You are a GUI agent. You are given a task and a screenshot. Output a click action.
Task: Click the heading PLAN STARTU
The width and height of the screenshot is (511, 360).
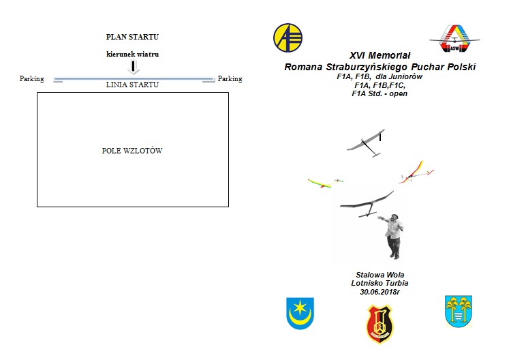pyautogui.click(x=132, y=37)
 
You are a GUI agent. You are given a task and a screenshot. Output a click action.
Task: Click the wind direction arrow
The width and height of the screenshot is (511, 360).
pyautogui.click(x=133, y=67)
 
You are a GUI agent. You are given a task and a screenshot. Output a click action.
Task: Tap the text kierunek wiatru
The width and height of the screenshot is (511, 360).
pyautogui.click(x=132, y=54)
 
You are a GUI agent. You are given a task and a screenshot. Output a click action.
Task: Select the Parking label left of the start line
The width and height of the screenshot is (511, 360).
pyautogui.click(x=31, y=79)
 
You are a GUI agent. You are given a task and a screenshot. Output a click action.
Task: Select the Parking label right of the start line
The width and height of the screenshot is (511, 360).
pyautogui.click(x=230, y=79)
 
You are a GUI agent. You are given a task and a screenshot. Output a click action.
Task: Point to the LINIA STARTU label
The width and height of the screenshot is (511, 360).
pyautogui.click(x=132, y=85)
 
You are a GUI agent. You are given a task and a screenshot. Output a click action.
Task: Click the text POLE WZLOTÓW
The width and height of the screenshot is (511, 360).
pyautogui.click(x=132, y=151)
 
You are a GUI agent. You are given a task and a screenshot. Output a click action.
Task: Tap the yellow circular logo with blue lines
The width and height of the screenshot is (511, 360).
pyautogui.click(x=288, y=37)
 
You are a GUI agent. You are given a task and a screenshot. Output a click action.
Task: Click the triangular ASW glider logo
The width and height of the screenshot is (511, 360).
pyautogui.click(x=455, y=38)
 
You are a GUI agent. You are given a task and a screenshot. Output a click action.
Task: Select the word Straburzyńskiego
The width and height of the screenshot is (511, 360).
pyautogui.click(x=367, y=67)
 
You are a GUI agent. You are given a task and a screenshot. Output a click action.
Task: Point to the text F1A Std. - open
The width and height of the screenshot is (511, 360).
pyautogui.click(x=380, y=94)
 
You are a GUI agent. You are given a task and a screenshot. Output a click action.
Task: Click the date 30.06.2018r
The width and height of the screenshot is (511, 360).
pyautogui.click(x=380, y=292)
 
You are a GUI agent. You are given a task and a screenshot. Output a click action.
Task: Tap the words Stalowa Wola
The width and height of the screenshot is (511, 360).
pyautogui.click(x=380, y=275)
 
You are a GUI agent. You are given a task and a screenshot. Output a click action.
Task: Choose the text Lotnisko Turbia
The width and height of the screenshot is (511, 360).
pyautogui.click(x=380, y=284)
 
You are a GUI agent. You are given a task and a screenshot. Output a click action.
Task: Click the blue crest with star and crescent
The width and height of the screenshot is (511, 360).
pyautogui.click(x=300, y=314)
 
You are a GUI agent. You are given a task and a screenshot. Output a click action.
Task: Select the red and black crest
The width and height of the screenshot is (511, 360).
pyautogui.click(x=380, y=324)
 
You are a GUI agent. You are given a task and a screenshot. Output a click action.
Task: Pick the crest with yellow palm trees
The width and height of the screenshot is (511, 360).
pyautogui.click(x=459, y=312)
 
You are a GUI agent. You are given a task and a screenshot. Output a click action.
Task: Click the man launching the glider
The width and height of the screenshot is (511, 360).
pyautogui.click(x=392, y=236)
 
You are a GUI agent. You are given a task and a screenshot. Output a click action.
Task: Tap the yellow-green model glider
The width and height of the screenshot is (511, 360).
pyautogui.click(x=325, y=183)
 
